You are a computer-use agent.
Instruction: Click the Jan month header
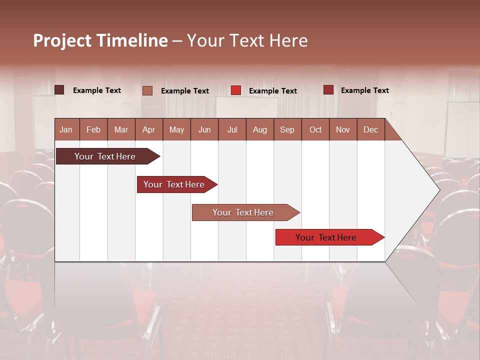tap(66, 129)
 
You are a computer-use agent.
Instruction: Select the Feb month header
tap(93, 129)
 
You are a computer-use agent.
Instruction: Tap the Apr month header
tap(148, 129)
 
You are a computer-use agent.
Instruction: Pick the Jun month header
tap(204, 129)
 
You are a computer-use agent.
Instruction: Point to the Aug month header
tap(259, 129)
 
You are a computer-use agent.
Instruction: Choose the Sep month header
tap(287, 129)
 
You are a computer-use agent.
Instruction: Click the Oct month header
tap(315, 129)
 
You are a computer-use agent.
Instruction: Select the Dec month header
tap(370, 129)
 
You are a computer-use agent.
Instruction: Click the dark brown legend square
tap(59, 90)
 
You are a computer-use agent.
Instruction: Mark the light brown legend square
tap(147, 90)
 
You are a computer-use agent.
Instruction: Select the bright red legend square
tap(236, 90)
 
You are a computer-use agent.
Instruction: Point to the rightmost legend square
tap(328, 90)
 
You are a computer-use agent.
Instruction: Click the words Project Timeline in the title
tap(100, 40)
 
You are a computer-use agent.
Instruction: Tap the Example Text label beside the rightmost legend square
tap(364, 90)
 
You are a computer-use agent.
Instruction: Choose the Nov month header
tap(342, 129)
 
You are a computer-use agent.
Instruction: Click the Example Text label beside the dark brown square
tap(96, 90)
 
